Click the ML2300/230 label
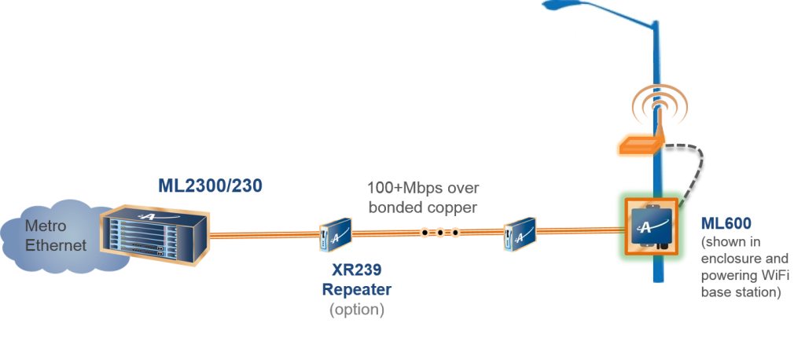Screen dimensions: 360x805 point(208,186)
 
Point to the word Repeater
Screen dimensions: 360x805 point(356,290)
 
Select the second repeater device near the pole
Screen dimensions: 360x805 point(520,233)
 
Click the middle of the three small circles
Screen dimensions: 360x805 point(440,233)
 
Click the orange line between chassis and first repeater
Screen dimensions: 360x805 point(264,233)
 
